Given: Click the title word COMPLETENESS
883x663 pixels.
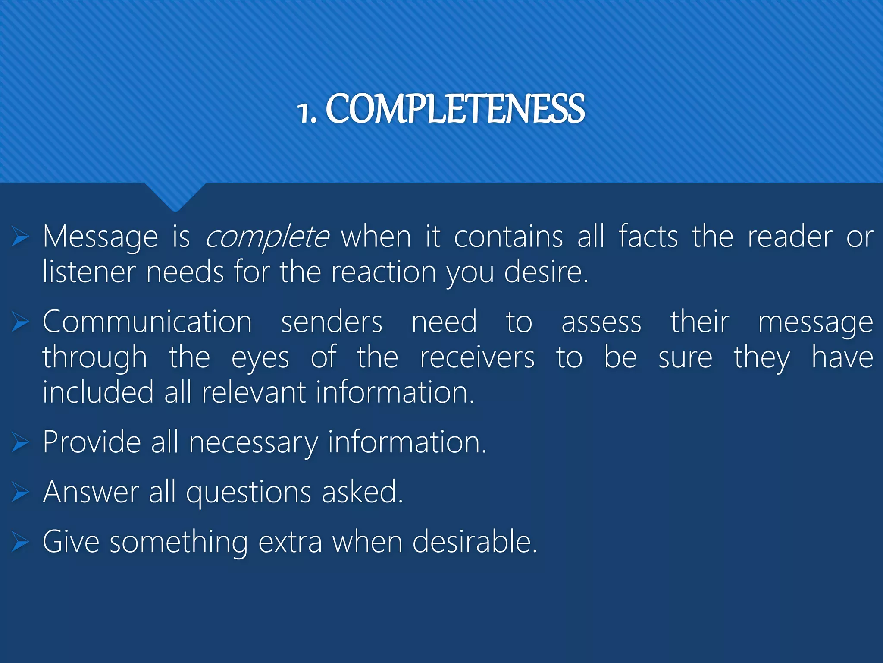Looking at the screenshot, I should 455,109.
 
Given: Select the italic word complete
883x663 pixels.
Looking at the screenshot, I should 267,237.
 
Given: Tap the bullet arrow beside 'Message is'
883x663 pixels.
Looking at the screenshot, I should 20,237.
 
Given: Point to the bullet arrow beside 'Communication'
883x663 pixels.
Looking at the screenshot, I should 20,322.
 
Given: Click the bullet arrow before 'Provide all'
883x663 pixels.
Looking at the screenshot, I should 20,442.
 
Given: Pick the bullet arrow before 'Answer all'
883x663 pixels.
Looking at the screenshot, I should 20,492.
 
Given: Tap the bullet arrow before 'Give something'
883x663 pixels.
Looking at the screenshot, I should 20,542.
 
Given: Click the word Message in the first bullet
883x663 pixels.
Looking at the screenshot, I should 100,237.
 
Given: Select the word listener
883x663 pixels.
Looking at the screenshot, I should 89,272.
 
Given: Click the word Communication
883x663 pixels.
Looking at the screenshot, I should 147,322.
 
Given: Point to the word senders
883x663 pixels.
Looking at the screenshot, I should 332,322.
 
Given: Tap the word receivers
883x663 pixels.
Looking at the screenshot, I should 477,357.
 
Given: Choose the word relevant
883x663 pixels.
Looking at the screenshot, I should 253,392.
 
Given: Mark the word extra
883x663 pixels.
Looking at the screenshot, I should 290,542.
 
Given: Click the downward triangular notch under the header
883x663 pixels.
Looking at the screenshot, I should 175,196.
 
